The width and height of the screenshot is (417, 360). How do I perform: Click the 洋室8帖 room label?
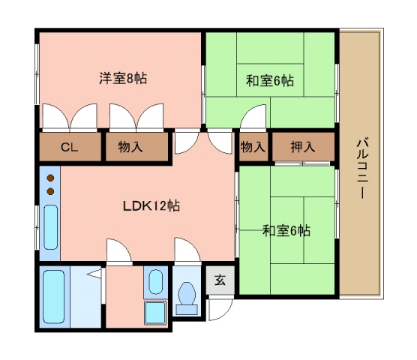122,77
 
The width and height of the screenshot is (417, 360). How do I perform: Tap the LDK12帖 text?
151,204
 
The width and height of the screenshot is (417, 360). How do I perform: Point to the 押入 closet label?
303,148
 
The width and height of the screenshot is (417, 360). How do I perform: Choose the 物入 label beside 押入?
253,148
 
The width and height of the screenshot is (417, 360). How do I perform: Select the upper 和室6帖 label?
270,80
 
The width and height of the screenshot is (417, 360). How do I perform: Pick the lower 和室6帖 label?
286,231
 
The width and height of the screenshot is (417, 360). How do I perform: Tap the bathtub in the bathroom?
54,295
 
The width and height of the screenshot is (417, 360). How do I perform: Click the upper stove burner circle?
50,178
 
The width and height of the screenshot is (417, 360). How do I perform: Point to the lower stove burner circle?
50,191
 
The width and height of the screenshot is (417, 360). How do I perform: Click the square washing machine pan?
155,311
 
